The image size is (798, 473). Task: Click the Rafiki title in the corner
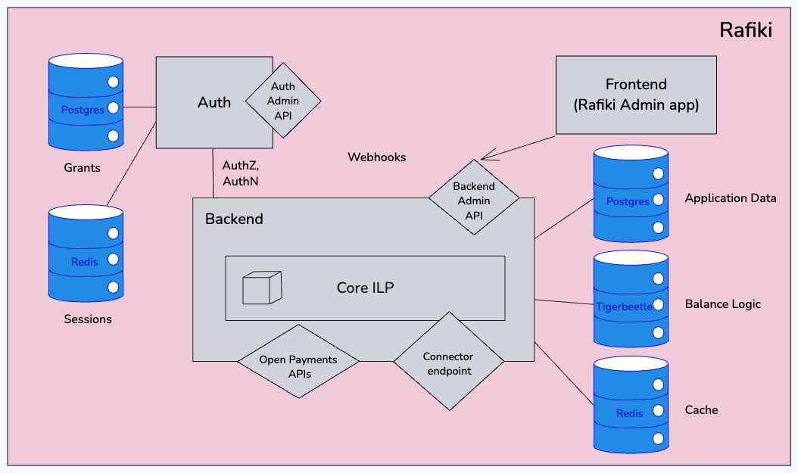[x=745, y=30]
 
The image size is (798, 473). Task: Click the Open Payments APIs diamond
[x=298, y=366]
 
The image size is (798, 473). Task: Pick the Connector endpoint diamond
[x=448, y=363]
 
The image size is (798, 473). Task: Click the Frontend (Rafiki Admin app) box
[x=635, y=95]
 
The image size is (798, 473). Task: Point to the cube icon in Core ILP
[x=262, y=288]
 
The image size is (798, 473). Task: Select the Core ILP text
[x=365, y=288]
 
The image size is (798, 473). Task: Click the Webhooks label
[x=376, y=157]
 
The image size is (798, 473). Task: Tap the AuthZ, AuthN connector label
[x=241, y=173]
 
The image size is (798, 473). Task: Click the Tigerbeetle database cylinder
[x=631, y=299]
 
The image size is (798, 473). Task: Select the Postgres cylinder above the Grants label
[x=86, y=101]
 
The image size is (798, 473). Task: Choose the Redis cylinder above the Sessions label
[x=86, y=254]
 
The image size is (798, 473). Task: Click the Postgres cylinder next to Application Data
[x=631, y=194]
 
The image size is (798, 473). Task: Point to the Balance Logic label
[x=722, y=304]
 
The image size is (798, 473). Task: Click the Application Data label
[x=730, y=198]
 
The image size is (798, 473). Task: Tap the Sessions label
[x=88, y=319]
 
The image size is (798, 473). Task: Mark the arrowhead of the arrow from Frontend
[x=485, y=157]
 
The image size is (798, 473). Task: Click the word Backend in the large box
[x=234, y=219]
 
